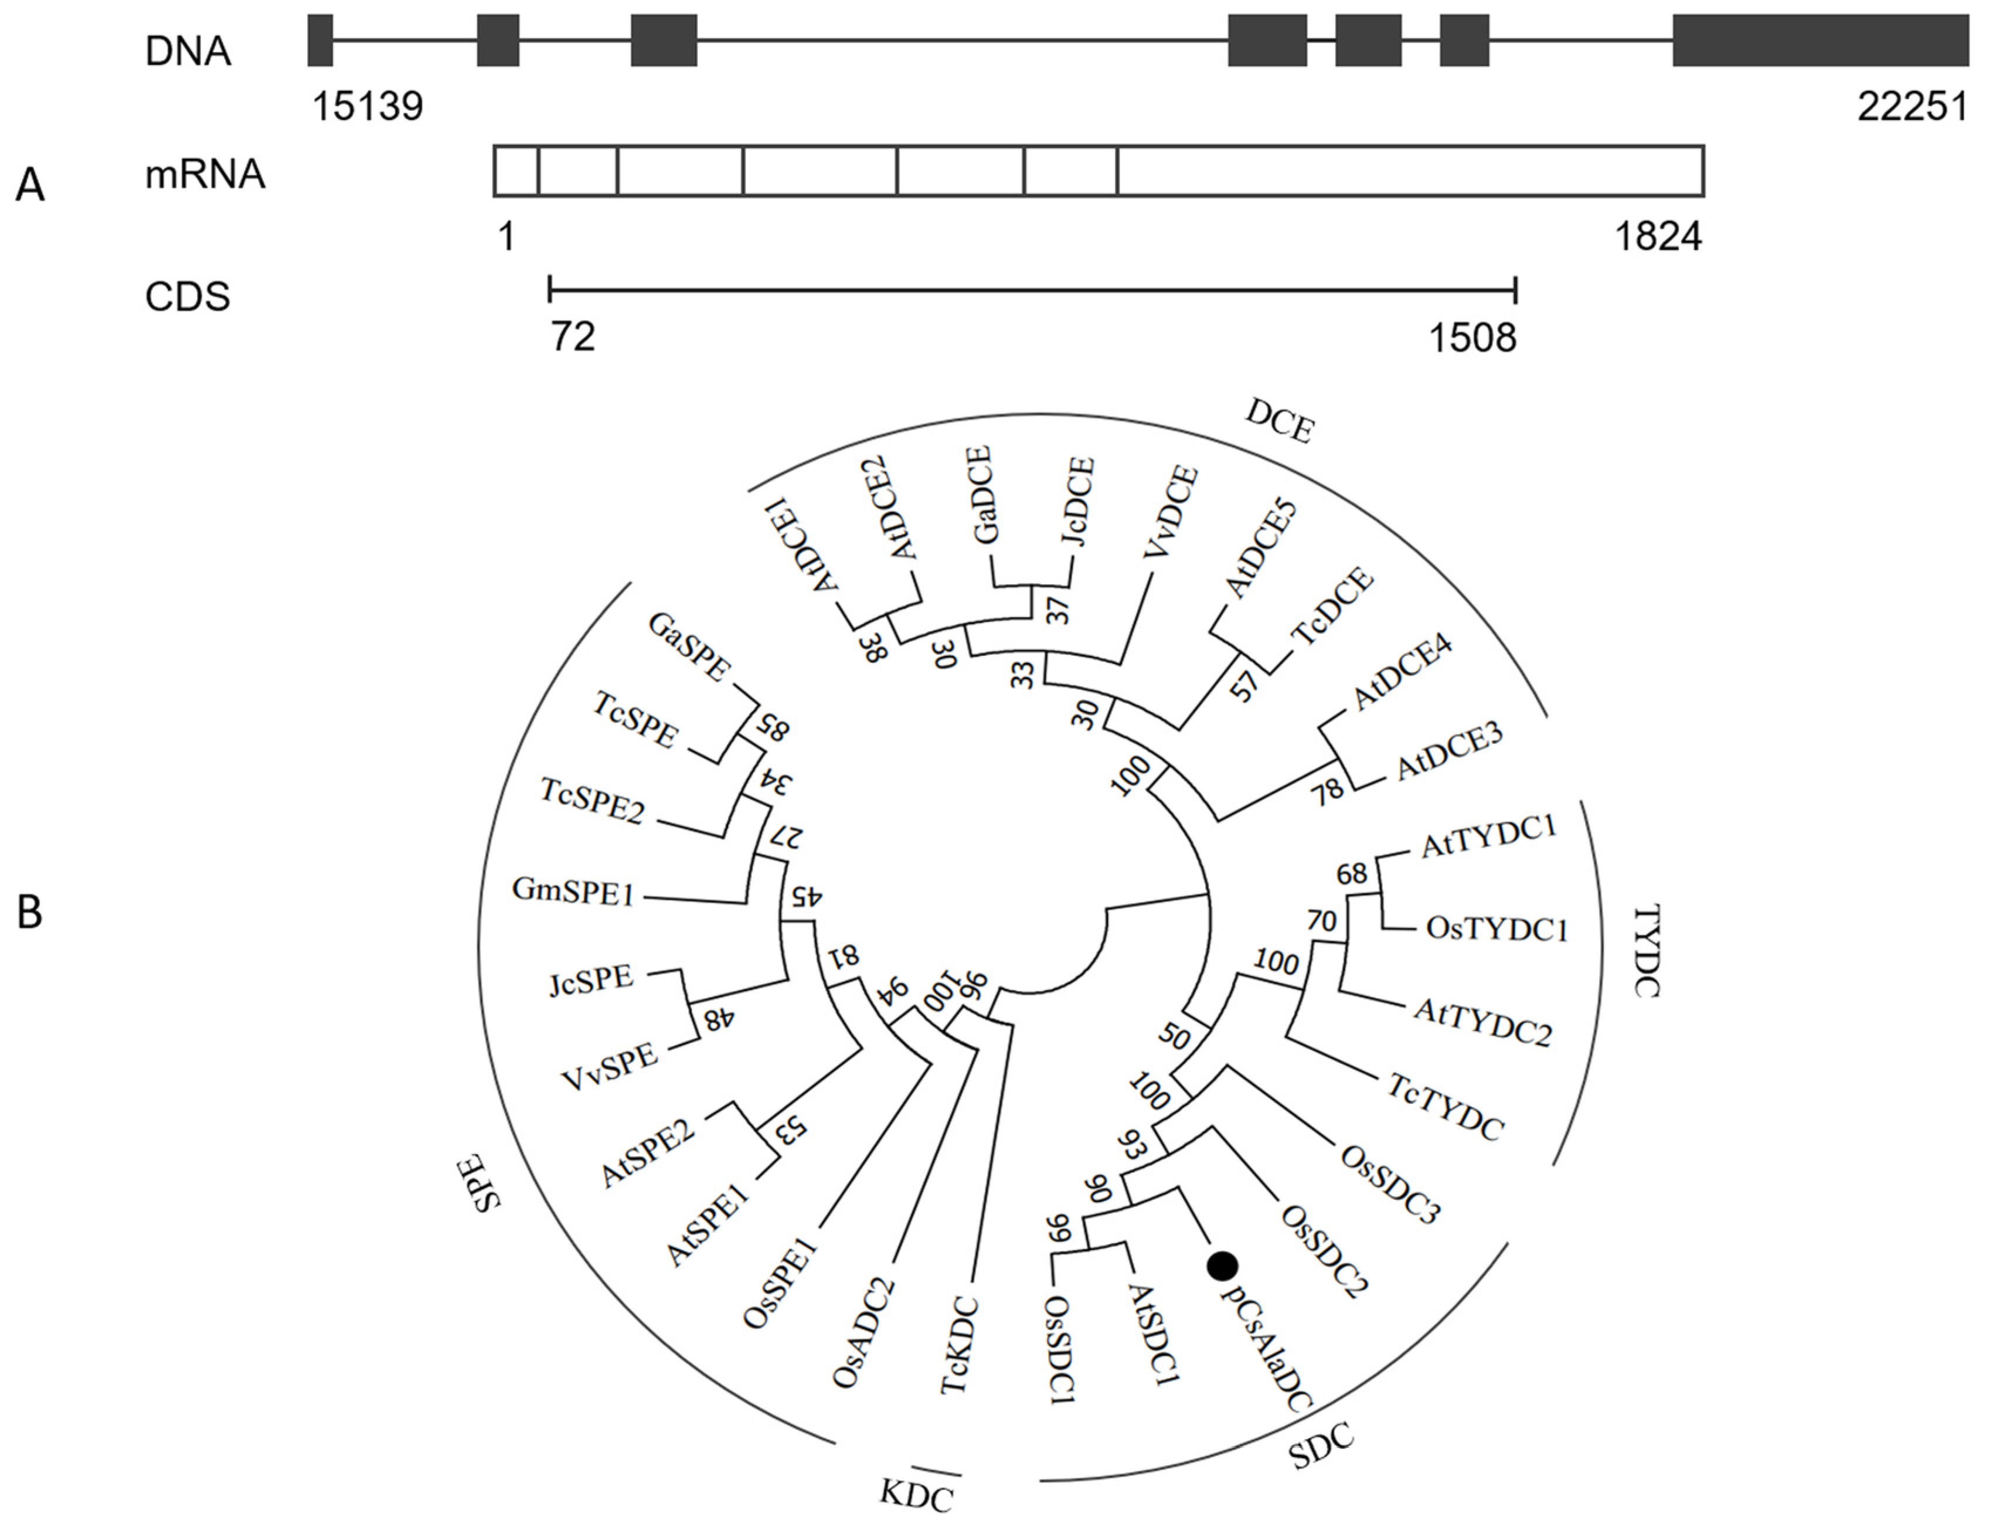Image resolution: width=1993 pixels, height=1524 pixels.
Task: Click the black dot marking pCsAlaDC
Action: (x=1222, y=1266)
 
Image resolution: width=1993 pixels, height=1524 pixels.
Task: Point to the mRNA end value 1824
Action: (x=1657, y=237)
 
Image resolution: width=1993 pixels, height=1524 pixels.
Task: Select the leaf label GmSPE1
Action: (x=573, y=891)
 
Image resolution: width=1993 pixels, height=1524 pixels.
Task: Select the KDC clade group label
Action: (x=916, y=1494)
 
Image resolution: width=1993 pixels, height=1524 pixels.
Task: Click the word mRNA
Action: (x=205, y=174)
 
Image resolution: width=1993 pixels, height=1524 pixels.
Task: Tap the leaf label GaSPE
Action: (x=689, y=645)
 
